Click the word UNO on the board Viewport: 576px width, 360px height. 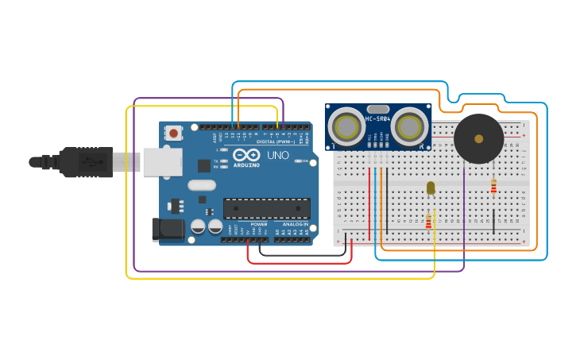click(x=277, y=155)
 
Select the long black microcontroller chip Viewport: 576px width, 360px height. click(x=266, y=208)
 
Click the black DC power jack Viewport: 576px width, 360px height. click(x=168, y=230)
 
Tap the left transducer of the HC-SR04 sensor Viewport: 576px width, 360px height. click(x=347, y=126)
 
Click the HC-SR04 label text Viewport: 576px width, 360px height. click(x=377, y=119)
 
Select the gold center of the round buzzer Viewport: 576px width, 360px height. click(x=478, y=138)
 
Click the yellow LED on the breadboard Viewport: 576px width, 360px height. click(x=431, y=188)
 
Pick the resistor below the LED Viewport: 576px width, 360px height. click(x=429, y=221)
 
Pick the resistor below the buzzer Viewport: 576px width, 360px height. click(x=493, y=186)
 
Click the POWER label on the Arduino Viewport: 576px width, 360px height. click(x=259, y=224)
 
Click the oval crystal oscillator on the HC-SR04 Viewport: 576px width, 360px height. click(x=378, y=109)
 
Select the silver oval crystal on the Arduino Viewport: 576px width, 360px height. click(x=202, y=185)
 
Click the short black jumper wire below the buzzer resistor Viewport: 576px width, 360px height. click(x=493, y=222)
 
